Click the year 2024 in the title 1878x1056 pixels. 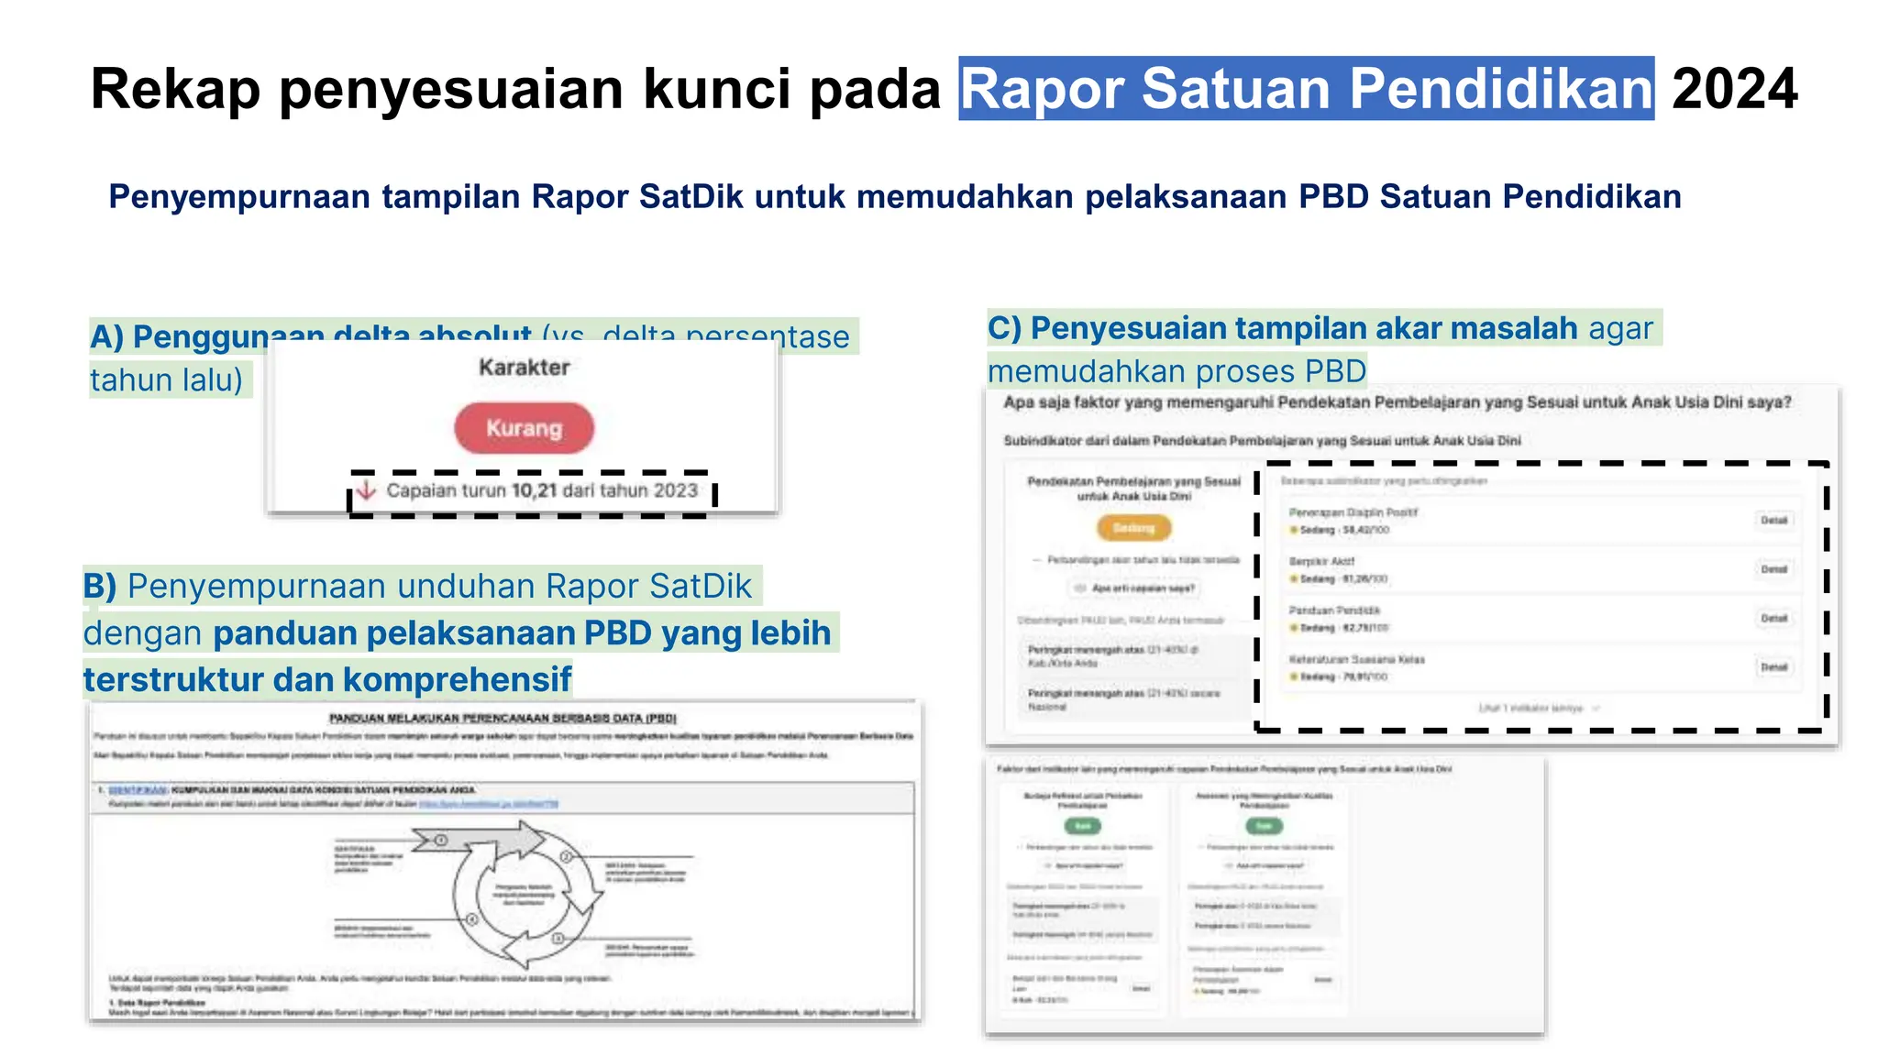1734,89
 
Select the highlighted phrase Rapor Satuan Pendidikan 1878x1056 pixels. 1306,89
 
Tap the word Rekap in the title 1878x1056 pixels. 176,89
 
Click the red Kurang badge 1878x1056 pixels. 524,428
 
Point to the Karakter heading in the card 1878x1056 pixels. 524,368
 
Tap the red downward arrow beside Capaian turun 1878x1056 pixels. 366,489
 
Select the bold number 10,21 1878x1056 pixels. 534,490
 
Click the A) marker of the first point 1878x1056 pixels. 106,337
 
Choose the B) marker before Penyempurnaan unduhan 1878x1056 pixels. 100,586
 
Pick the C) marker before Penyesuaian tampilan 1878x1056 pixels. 1004,328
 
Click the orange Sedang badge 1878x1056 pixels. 1133,528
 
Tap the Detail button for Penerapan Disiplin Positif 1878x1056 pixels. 1773,521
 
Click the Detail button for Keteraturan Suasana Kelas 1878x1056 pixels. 1773,667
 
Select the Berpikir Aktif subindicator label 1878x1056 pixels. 1321,561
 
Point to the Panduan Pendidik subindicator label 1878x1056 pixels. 1334,610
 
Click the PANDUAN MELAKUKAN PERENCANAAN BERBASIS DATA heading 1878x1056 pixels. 503,718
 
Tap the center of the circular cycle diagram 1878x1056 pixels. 524,894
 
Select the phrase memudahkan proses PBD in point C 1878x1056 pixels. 1177,371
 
